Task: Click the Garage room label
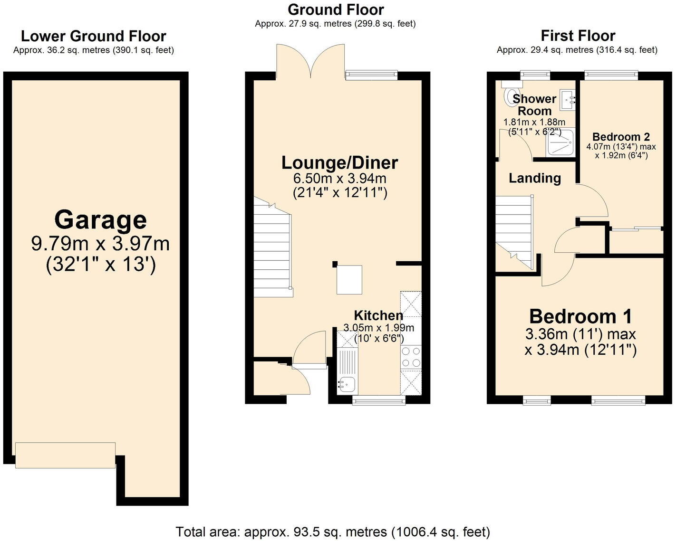pyautogui.click(x=100, y=220)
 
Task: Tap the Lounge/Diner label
pyautogui.click(x=339, y=162)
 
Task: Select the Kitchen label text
pyautogui.click(x=378, y=315)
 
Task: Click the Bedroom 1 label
pyautogui.click(x=580, y=316)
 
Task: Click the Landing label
pyautogui.click(x=535, y=178)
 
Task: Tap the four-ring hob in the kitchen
pyautogui.click(x=411, y=357)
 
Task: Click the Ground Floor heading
pyautogui.click(x=336, y=9)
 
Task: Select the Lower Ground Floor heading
pyautogui.click(x=94, y=36)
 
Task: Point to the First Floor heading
pyautogui.click(x=578, y=36)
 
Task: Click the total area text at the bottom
pyautogui.click(x=333, y=532)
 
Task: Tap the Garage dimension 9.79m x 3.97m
pyautogui.click(x=100, y=244)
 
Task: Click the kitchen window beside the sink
pyautogui.click(x=378, y=401)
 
